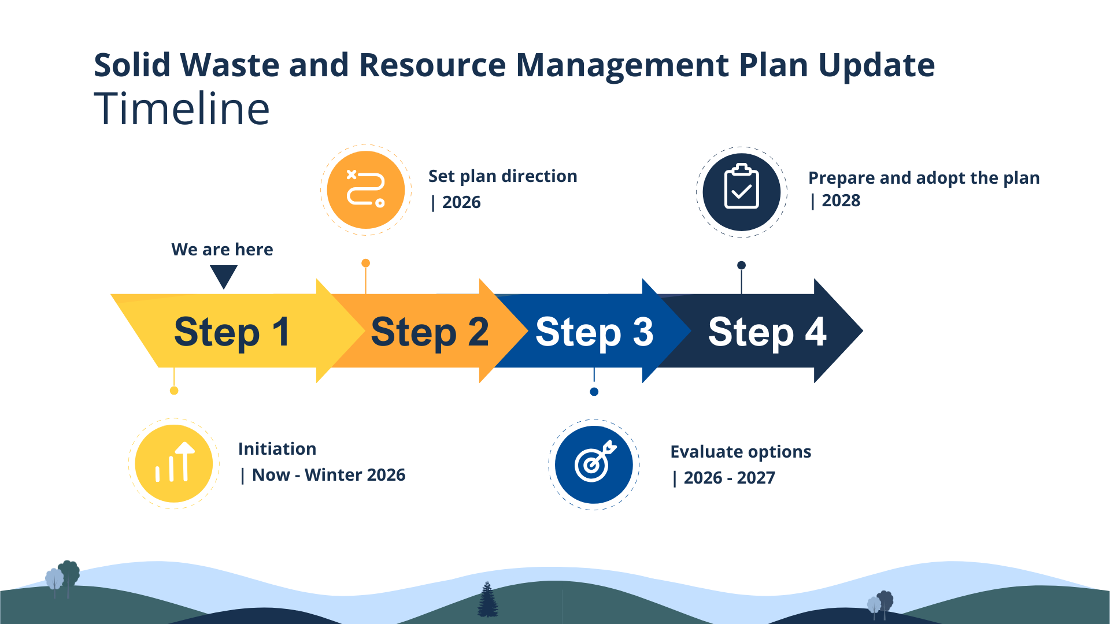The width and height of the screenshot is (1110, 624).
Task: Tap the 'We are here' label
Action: pos(222,250)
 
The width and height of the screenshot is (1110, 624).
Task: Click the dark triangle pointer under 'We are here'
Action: pos(224,276)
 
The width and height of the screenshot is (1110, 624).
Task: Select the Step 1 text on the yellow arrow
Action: pos(232,332)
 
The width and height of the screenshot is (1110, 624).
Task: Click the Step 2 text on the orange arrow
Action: pos(430,332)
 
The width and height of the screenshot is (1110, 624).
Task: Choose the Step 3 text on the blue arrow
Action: pos(594,332)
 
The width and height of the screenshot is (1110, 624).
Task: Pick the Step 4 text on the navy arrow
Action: pos(767,332)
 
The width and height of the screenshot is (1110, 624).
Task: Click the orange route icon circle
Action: pos(365,190)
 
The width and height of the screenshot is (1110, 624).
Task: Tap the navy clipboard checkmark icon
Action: pos(742,192)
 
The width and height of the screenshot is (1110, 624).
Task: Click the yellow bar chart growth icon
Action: pos(174,463)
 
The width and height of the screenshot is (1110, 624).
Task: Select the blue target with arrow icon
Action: pos(594,465)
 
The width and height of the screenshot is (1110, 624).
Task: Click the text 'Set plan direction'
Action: pos(502,176)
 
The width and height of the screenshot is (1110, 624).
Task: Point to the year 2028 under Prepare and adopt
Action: pos(841,200)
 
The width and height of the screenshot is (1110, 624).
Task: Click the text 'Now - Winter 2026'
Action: pos(328,475)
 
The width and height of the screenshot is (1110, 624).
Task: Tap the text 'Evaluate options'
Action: pos(741,452)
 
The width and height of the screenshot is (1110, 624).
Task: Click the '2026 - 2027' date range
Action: pos(729,478)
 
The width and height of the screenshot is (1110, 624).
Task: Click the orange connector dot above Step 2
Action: pos(365,263)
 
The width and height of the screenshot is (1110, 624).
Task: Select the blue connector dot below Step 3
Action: pos(594,392)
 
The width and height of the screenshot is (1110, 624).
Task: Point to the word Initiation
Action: pos(277,449)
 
